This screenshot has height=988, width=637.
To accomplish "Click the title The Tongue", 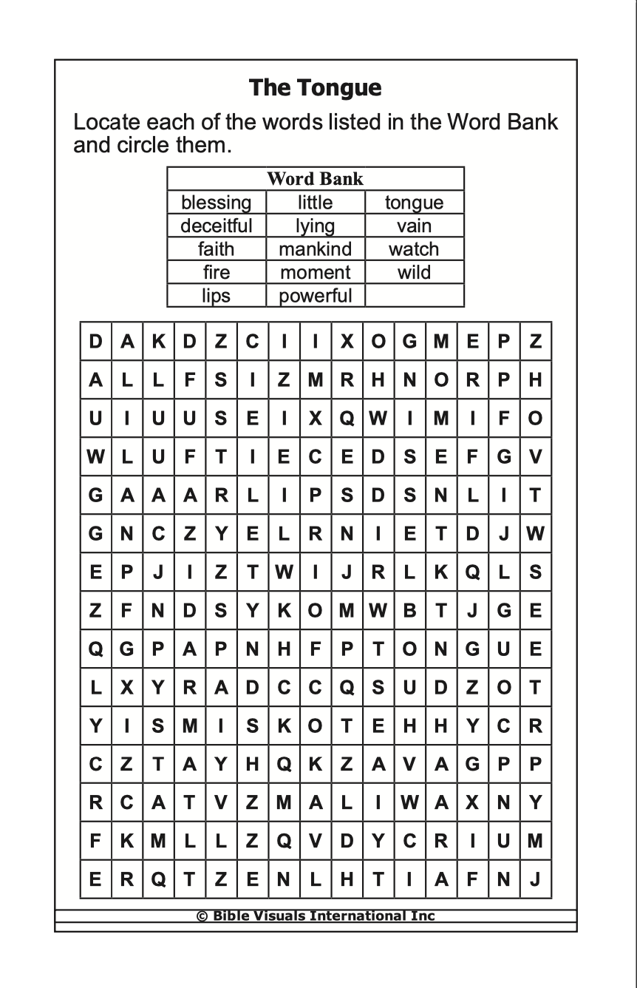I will point(315,88).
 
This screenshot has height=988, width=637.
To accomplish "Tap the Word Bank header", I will point(315,179).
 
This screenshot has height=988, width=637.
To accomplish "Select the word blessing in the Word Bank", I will point(217,203).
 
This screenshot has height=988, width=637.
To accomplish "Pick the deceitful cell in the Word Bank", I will point(217,226).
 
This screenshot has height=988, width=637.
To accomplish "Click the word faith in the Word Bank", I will point(217,249).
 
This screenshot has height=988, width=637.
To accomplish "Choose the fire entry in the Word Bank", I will point(217,272).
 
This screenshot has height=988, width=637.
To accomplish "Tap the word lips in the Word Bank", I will point(217,296).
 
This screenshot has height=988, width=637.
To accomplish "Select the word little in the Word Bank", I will point(315,203).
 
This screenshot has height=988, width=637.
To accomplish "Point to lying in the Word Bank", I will point(315,226).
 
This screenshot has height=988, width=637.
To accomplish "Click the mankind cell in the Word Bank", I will point(315,249).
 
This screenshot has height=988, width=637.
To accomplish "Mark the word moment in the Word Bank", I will point(315,272).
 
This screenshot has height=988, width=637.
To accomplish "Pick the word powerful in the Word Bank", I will point(315,296).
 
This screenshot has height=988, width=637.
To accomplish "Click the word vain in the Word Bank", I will point(414,226).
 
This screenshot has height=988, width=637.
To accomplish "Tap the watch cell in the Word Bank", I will point(414,249).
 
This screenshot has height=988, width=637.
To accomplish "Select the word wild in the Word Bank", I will point(414,272).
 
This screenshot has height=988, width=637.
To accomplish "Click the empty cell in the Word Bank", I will point(414,296).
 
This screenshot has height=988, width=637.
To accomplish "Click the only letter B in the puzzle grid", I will point(409,612).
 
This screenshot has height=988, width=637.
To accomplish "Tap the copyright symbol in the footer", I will point(201,916).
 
